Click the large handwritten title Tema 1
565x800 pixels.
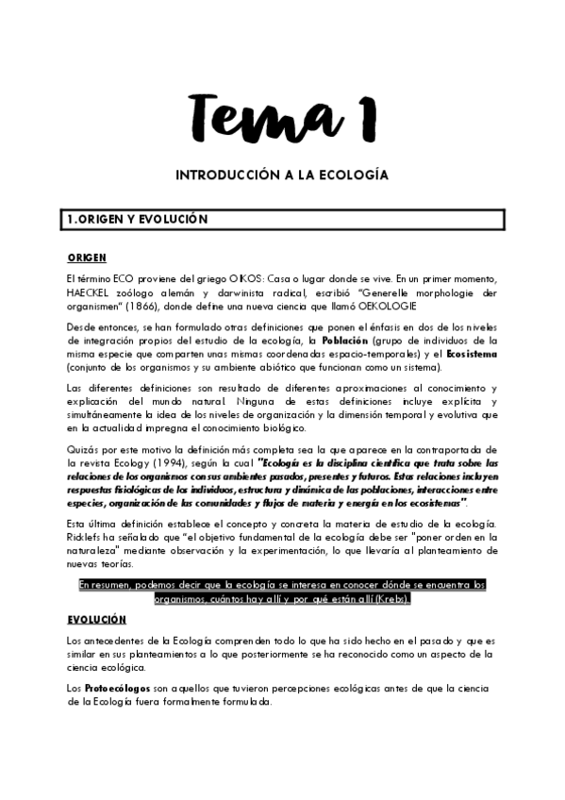(282, 117)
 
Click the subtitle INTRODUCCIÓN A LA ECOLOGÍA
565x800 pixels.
(282, 175)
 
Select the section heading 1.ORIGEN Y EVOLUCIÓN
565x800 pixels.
(137, 219)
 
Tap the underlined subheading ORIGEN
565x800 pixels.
(87, 258)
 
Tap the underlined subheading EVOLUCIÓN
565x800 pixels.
(96, 619)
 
